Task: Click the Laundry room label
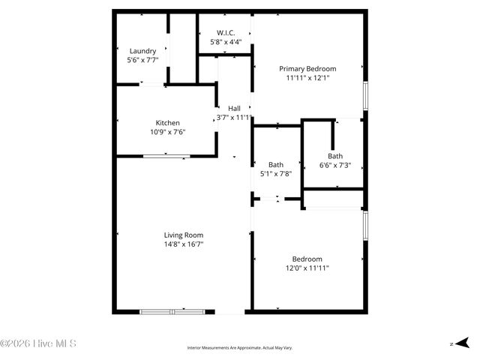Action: click(x=142, y=51)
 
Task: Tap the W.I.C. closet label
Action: click(x=226, y=33)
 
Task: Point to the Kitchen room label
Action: click(x=167, y=123)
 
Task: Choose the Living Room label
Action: click(x=183, y=235)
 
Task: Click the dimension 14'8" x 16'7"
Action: click(x=183, y=244)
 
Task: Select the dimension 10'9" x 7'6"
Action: click(x=167, y=132)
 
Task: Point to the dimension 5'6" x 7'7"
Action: click(x=142, y=60)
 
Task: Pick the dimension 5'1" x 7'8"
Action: click(x=275, y=173)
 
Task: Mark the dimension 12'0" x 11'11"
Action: click(x=307, y=267)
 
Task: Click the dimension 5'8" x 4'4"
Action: click(x=226, y=42)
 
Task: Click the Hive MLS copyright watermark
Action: click(x=39, y=344)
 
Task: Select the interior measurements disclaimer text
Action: click(x=240, y=348)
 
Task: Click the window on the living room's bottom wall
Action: click(x=172, y=310)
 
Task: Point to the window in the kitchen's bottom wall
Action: click(x=166, y=156)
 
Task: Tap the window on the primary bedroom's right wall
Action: click(x=365, y=95)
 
